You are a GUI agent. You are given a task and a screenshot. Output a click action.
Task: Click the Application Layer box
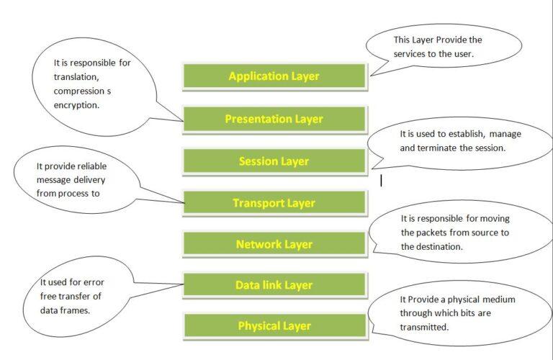point(274,76)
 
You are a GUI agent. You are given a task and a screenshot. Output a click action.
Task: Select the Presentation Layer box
point(274,120)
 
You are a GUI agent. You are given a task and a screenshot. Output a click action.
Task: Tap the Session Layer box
point(274,161)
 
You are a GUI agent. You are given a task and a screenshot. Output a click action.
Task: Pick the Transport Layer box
point(274,204)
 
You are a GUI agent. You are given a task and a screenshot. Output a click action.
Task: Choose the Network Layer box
point(274,245)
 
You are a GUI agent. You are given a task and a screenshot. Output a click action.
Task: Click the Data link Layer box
point(274,286)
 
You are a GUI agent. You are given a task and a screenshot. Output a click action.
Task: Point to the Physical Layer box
point(274,327)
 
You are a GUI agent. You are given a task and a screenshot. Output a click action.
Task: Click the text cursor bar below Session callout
point(381,181)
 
